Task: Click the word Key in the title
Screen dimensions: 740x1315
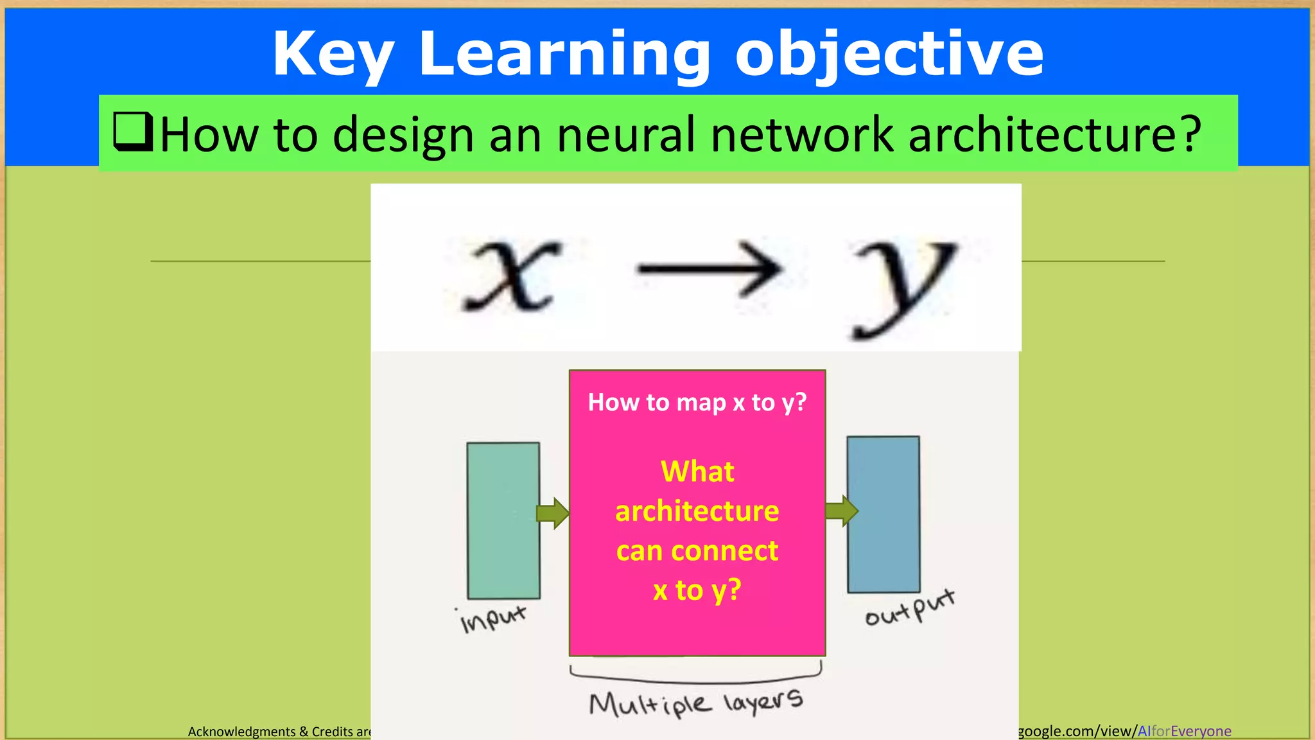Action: (333, 55)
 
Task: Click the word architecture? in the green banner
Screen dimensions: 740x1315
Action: (1054, 135)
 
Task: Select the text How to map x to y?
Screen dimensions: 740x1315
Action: (697, 403)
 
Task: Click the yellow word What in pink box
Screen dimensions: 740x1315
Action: (697, 471)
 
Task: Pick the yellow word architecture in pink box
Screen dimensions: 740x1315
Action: (697, 511)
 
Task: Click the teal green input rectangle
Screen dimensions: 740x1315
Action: (503, 520)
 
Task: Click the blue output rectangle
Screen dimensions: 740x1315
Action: (884, 514)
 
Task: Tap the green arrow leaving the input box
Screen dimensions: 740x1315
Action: (553, 513)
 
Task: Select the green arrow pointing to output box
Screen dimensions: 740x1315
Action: (841, 511)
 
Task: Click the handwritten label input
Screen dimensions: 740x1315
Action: (493, 618)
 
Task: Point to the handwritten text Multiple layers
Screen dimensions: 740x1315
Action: (696, 703)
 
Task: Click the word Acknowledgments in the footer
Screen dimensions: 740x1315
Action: (241, 732)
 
